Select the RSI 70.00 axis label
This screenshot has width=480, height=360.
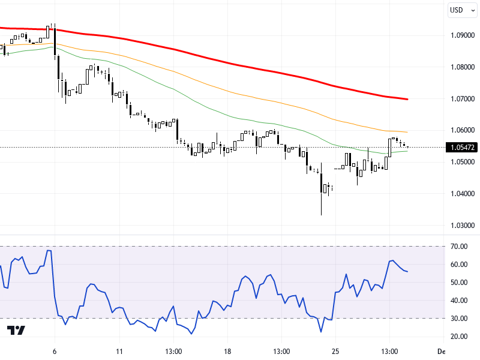tap(460, 247)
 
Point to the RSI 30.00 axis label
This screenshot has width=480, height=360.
tap(460, 319)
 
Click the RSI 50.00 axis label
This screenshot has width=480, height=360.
tap(460, 283)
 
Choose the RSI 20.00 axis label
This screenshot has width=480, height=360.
tap(460, 337)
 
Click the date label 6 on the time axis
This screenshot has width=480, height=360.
tap(55, 351)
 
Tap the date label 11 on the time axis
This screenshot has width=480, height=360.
tap(119, 351)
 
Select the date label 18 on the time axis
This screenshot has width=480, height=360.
tap(227, 351)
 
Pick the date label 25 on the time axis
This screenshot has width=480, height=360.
tap(335, 351)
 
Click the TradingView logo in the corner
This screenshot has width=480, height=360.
tap(16, 331)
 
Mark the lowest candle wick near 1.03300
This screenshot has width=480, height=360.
tap(321, 214)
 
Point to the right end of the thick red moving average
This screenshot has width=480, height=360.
tap(407, 99)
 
